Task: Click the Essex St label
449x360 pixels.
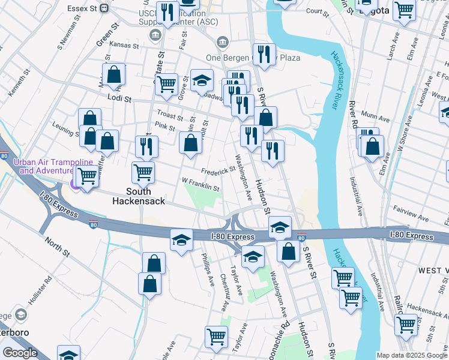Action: [85, 8]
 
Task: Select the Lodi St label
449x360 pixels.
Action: [119, 97]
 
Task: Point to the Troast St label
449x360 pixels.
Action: [169, 113]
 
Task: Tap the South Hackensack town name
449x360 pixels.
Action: [138, 196]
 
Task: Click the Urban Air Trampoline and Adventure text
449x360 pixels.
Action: [53, 166]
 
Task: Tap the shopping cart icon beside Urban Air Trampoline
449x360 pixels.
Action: [88, 176]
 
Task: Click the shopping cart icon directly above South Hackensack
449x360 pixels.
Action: [143, 172]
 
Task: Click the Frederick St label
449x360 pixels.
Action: [218, 171]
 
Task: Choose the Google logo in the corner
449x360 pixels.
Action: [20, 353]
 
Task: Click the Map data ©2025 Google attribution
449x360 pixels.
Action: [412, 355]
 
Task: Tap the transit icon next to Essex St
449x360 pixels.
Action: [104, 8]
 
